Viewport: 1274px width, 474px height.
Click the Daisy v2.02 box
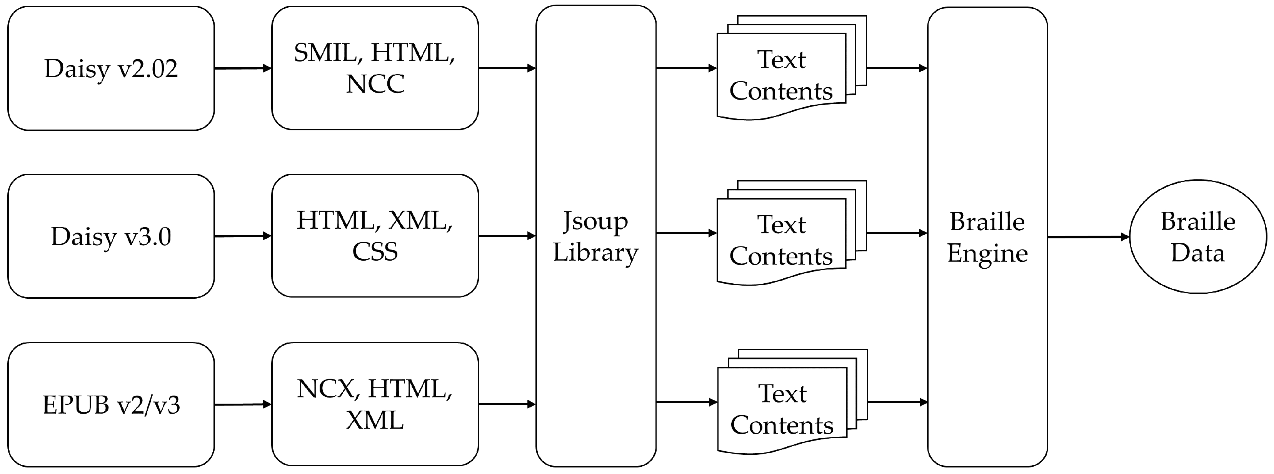(111, 68)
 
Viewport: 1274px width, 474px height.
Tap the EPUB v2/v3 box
(111, 404)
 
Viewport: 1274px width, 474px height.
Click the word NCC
(375, 83)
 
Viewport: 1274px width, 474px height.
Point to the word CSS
(375, 251)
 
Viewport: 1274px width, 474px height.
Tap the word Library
(595, 252)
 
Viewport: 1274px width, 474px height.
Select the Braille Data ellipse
(1198, 237)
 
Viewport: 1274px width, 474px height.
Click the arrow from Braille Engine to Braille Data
(1088, 237)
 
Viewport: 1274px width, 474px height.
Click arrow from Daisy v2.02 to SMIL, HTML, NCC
(243, 68)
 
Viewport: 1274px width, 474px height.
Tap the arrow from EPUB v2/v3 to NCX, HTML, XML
(243, 404)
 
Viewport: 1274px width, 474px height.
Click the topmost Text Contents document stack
(786, 69)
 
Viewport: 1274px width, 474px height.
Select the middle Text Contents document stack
(786, 235)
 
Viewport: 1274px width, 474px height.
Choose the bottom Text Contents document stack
(787, 404)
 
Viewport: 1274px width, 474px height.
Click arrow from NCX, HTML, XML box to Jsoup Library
(507, 404)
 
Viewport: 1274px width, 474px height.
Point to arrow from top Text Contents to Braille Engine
(897, 68)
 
